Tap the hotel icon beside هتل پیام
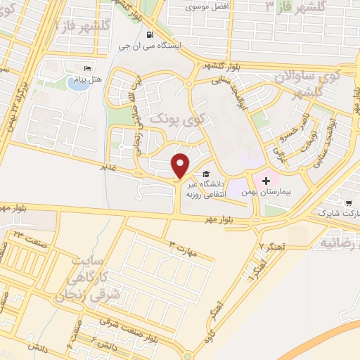88,68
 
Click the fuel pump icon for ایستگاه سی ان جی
148,34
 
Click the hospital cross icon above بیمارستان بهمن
266,181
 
